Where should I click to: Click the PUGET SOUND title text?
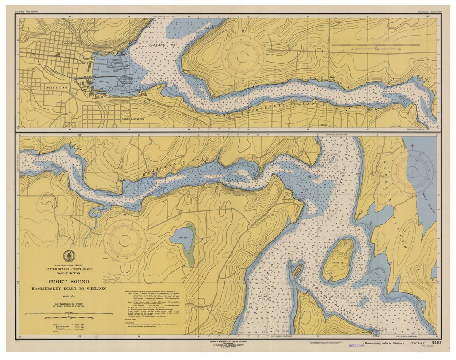click(x=68, y=281)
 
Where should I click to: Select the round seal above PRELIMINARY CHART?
click(x=68, y=255)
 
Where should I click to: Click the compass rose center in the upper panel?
click(x=243, y=56)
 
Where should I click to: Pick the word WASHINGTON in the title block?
click(x=68, y=273)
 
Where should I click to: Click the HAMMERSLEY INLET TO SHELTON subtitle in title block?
click(x=68, y=289)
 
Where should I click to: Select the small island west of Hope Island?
click(x=297, y=269)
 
